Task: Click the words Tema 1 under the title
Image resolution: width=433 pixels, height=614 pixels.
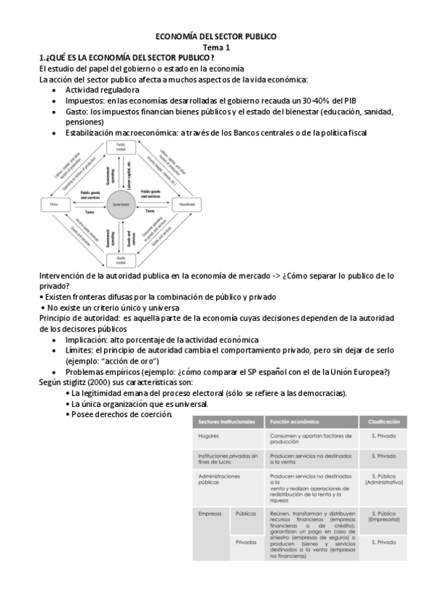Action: (217, 46)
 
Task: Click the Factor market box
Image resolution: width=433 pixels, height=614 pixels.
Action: (121, 147)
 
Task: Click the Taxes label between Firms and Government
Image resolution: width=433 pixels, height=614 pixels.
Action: (90, 212)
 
